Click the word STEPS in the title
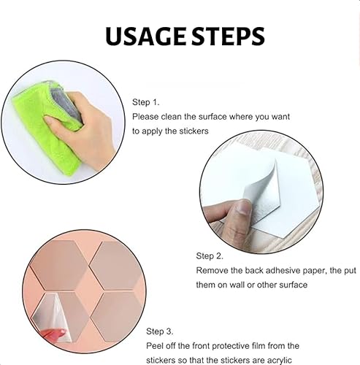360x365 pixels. coord(228,36)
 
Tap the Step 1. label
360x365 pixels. coord(145,102)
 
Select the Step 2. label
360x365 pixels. coord(210,256)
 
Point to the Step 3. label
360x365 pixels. coord(160,331)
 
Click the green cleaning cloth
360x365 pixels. coord(46,126)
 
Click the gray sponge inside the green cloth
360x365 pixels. coord(66,105)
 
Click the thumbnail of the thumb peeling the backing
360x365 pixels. coord(244,207)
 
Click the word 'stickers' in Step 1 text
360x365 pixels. coord(194,131)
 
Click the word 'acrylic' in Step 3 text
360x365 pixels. coord(279,361)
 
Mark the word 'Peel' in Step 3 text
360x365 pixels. coord(154,346)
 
